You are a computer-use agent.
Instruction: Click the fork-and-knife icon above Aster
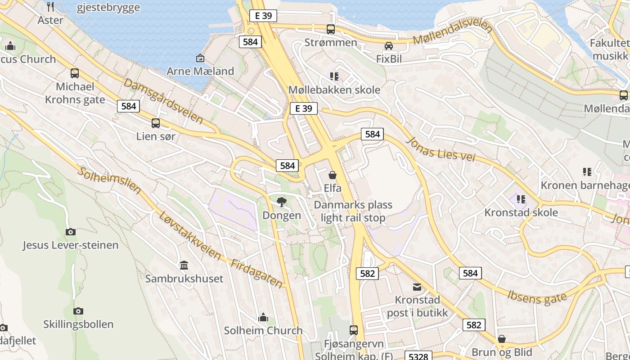[x=50, y=6]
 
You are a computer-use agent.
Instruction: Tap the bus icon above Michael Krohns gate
[x=75, y=73]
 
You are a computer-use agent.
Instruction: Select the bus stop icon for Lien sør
[x=156, y=123]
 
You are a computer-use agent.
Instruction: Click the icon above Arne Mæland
[x=200, y=58]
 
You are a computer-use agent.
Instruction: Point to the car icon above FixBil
[x=389, y=46]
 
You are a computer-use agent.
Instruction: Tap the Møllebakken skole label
[x=334, y=90]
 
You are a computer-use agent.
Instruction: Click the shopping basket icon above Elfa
[x=333, y=175]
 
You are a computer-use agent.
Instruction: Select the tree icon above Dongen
[x=282, y=202]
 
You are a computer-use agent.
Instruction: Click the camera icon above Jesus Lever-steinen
[x=71, y=232]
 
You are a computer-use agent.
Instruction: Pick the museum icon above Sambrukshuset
[x=184, y=265]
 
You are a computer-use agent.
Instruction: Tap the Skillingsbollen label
[x=78, y=324]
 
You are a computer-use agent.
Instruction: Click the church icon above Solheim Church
[x=263, y=318]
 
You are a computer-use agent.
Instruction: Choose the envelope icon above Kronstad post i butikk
[x=417, y=287]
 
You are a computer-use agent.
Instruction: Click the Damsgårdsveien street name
[x=163, y=101]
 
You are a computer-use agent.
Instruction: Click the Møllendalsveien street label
[x=453, y=32]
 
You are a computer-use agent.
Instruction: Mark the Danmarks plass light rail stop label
[x=353, y=211]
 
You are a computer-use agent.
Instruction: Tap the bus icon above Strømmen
[x=331, y=29]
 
